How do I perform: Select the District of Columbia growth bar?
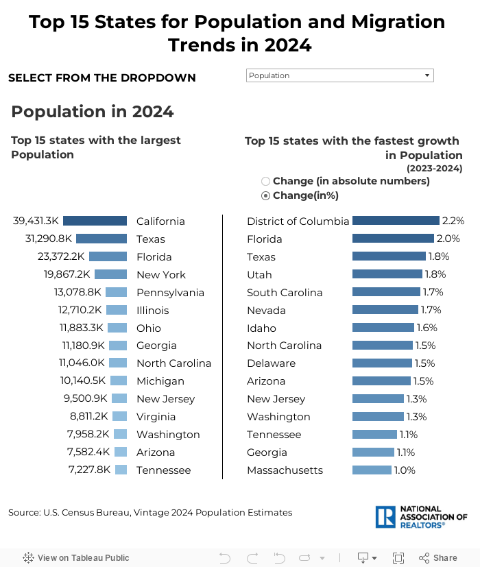(396, 221)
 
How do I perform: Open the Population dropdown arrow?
(427, 75)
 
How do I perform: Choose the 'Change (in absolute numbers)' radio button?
(265, 181)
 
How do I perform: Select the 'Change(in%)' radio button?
(265, 195)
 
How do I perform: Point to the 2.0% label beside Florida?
(448, 239)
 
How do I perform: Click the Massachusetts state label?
(285, 470)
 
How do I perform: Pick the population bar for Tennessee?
(121, 470)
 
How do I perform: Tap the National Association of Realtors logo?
(421, 517)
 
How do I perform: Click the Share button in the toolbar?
(438, 557)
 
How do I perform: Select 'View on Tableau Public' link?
(76, 557)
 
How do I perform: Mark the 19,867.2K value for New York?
(67, 274)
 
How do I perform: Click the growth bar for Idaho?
(383, 328)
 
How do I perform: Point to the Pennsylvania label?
(170, 292)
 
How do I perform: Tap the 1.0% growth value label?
(405, 470)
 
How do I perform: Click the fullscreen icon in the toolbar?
(398, 557)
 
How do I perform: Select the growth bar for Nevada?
(385, 310)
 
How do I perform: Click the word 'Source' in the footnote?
(24, 512)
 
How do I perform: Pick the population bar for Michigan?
(119, 381)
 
